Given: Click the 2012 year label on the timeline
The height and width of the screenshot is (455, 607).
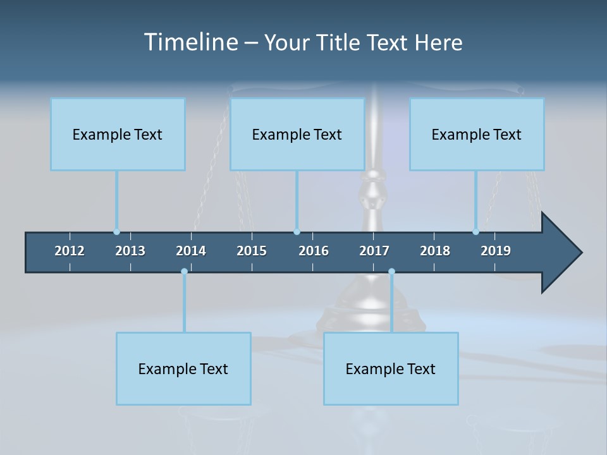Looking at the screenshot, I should (x=70, y=251).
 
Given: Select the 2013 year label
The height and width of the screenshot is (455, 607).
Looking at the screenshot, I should (x=130, y=251).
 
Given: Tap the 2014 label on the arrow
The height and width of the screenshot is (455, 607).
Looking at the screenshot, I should (x=191, y=251).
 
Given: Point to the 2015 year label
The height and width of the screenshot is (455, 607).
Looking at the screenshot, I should (x=252, y=251).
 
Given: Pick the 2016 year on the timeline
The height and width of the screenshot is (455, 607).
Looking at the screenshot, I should (x=314, y=251).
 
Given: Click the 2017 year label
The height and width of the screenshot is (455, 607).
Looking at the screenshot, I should (x=374, y=251).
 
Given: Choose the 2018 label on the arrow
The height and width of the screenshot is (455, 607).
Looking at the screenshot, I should (x=435, y=251).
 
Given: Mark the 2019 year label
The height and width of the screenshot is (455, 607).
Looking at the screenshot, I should (x=496, y=251).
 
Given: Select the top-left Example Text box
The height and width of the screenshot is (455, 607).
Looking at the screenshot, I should (x=118, y=134).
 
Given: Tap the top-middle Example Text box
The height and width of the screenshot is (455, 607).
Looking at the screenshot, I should (x=297, y=134).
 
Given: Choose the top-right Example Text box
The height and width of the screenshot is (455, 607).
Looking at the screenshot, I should (x=477, y=134).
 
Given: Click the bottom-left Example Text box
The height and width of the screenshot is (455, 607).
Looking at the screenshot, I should (x=183, y=368).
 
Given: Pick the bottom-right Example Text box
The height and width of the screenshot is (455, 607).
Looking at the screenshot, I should (x=391, y=368).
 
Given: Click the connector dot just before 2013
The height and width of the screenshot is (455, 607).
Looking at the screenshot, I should (x=116, y=232).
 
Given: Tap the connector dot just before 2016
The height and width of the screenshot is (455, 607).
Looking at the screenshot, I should (x=297, y=232).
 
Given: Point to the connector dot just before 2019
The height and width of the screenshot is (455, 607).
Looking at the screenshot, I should (x=475, y=232).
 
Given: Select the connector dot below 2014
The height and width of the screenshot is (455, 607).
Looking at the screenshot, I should (x=184, y=272).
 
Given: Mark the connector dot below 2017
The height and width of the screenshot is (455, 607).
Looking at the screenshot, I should (x=391, y=272).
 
